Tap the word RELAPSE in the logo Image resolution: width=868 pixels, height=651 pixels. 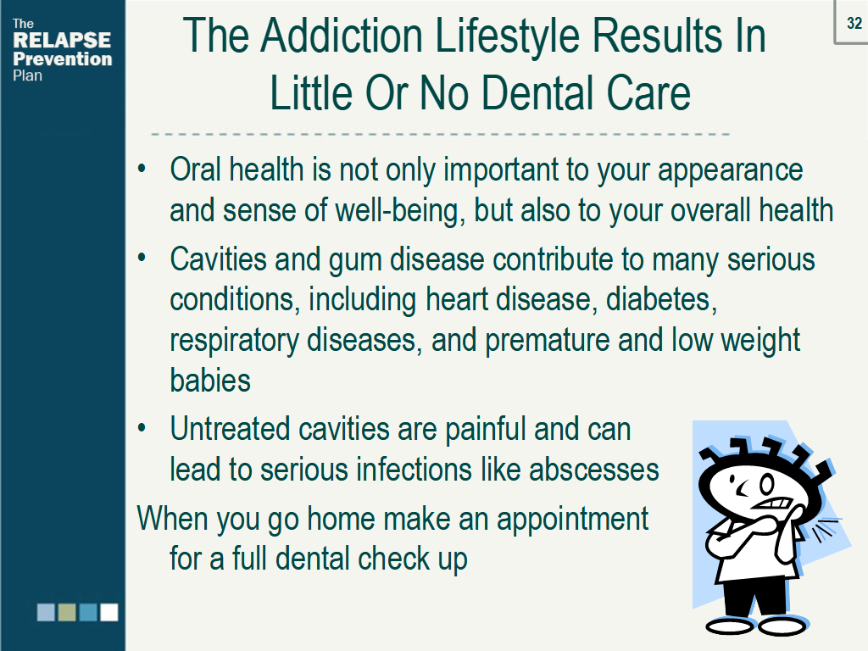[62, 41]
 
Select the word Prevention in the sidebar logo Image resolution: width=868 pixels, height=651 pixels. [63, 58]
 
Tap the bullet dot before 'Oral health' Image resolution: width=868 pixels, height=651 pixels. [142, 169]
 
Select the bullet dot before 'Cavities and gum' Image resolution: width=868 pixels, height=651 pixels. [142, 258]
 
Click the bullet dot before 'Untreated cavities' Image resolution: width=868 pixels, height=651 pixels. [142, 428]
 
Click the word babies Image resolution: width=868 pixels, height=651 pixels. [210, 381]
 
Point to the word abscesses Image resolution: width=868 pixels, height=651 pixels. [594, 470]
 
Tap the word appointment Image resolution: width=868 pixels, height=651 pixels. [572, 520]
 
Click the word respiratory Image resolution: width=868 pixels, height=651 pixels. [234, 341]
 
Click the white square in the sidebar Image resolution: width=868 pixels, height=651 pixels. [109, 612]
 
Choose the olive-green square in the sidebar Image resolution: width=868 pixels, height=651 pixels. [67, 612]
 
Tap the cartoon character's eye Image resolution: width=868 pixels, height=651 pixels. [766, 485]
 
